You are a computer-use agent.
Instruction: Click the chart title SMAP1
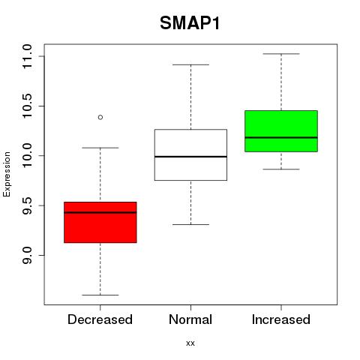point(190,23)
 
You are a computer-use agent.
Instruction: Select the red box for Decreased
point(100,222)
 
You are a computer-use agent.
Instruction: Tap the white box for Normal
point(190,154)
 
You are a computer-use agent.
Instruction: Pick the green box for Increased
point(281,131)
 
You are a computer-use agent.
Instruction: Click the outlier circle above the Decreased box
point(100,117)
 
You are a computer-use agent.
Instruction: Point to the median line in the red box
point(100,212)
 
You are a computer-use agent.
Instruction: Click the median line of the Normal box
point(190,157)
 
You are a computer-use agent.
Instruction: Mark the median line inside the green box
point(281,137)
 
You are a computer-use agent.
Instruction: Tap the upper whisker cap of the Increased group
point(281,54)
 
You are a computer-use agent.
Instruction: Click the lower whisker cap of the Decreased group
point(100,295)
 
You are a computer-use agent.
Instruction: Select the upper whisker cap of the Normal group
point(190,64)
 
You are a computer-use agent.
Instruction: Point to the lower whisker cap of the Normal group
point(190,224)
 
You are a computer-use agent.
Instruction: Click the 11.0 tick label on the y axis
point(27,56)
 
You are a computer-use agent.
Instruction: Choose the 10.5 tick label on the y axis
point(27,106)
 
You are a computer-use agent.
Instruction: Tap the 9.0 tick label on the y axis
point(27,255)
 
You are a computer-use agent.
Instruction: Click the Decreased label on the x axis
point(100,319)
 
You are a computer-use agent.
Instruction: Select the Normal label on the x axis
point(190,319)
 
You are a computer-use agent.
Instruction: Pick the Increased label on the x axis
point(281,319)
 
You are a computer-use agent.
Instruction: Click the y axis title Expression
point(7,174)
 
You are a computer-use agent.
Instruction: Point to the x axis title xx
point(190,343)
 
